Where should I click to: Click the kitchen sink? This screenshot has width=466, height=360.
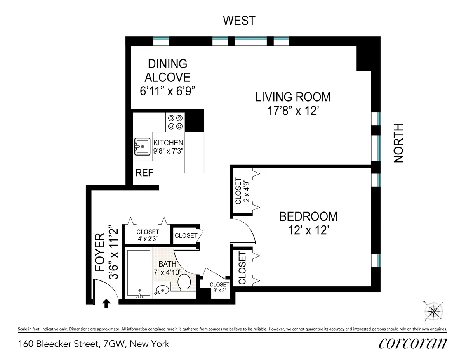pyautogui.click(x=143, y=147)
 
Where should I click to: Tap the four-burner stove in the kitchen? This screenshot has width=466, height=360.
pyautogui.click(x=175, y=122)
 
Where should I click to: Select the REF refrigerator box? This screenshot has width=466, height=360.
pyautogui.click(x=144, y=173)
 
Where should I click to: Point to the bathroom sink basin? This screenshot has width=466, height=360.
pyautogui.click(x=162, y=289)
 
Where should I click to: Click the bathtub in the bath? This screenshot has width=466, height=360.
pyautogui.click(x=139, y=274)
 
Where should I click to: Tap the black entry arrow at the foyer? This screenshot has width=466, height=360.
pyautogui.click(x=106, y=303)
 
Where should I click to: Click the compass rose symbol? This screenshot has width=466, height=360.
pyautogui.click(x=434, y=311)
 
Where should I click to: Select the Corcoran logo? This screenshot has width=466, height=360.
pyautogui.click(x=412, y=343)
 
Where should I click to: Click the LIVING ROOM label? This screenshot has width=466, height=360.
pyautogui.click(x=293, y=97)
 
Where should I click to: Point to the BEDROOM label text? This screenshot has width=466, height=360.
pyautogui.click(x=308, y=216)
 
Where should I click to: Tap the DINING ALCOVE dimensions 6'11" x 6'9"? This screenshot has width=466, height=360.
pyautogui.click(x=167, y=91)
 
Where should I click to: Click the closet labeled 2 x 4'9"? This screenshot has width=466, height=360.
pyautogui.click(x=242, y=191)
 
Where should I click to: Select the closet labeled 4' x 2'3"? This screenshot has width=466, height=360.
pyautogui.click(x=148, y=235)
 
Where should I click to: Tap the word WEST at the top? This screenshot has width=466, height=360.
pyautogui.click(x=239, y=20)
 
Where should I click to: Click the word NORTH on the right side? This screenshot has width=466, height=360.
pyautogui.click(x=399, y=143)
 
